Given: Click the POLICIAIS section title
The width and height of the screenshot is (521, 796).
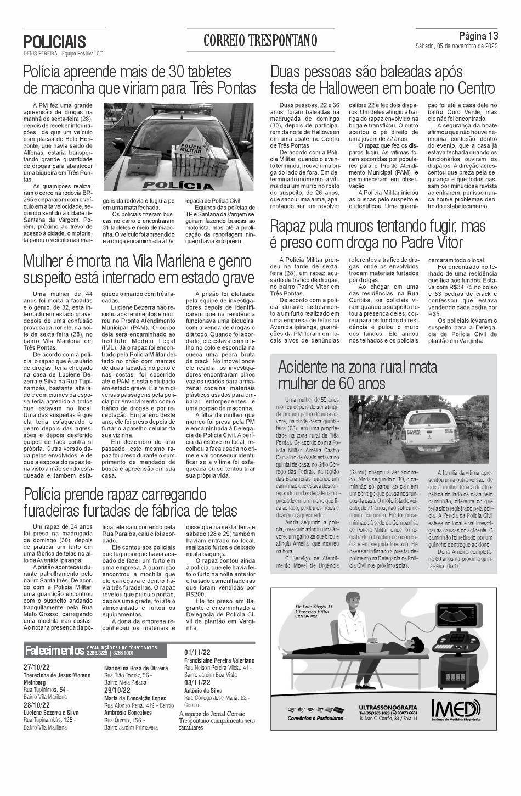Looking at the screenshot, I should (x=55, y=42).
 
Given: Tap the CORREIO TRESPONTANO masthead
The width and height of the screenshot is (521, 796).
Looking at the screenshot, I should (x=260, y=41).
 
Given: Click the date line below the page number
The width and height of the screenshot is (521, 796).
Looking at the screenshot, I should (x=456, y=46).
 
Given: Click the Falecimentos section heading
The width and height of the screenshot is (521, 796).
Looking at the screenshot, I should (x=54, y=651).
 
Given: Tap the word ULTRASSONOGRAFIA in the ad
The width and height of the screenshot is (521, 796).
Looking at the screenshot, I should (x=388, y=707).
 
